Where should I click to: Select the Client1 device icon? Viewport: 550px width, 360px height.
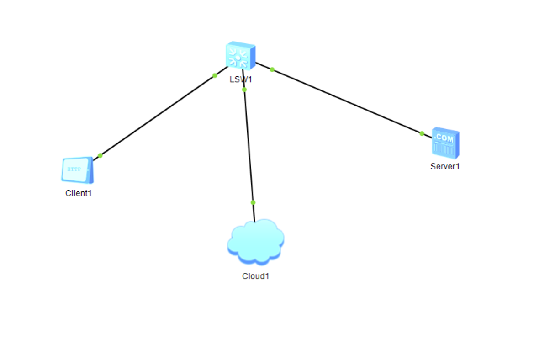coord(77,170)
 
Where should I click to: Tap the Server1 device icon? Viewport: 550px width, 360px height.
coord(445,143)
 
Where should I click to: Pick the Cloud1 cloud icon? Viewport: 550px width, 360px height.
coord(255,242)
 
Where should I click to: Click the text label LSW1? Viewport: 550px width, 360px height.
coord(241,79)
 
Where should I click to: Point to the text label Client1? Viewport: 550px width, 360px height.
coord(79,193)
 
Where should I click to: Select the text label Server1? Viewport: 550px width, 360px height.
coord(445,166)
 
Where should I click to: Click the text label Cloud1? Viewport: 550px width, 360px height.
coord(255,276)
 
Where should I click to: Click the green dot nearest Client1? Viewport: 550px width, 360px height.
coord(100,155)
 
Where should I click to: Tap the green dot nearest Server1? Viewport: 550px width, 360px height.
coord(422,133)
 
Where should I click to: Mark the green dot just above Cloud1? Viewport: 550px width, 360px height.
coord(253,202)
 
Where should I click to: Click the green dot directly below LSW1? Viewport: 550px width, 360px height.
coord(244,90)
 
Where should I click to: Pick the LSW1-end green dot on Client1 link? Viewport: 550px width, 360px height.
coord(215,75)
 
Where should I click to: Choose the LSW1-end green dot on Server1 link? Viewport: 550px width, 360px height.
coord(272,69)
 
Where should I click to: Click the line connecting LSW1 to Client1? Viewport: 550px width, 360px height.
coord(158,116)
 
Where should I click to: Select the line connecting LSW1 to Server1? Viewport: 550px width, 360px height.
coord(347,101)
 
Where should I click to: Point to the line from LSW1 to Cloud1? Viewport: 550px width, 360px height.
coord(249,146)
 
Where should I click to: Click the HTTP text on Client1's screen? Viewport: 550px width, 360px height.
coord(74,169)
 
